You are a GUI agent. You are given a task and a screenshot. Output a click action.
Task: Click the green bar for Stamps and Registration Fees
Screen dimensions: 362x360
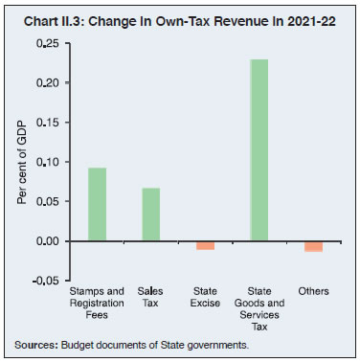[96, 204]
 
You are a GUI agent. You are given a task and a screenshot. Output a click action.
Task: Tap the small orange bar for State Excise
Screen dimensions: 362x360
[205, 245]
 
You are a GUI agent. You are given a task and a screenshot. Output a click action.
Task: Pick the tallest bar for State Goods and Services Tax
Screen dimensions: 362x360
[259, 150]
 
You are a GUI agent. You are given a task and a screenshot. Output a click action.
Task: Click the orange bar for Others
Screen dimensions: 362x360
[313, 246]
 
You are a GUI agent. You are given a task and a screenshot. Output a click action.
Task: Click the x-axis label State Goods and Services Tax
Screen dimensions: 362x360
[259, 307]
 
